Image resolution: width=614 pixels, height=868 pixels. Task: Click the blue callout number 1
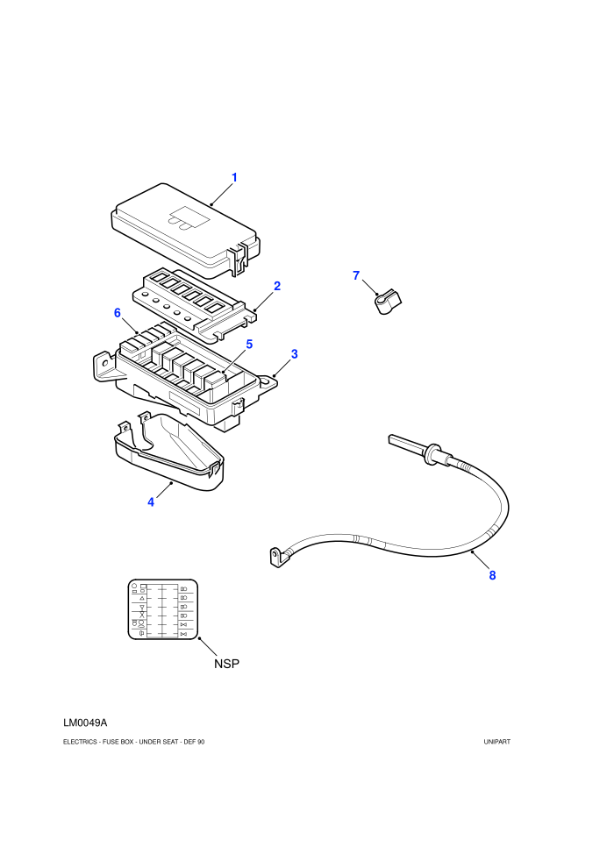click(x=234, y=178)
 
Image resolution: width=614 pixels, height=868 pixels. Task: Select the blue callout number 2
click(x=277, y=286)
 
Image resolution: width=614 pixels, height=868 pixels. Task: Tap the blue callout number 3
click(x=295, y=353)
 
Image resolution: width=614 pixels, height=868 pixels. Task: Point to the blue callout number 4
click(x=151, y=502)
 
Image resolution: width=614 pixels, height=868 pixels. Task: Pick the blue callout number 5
click(x=249, y=345)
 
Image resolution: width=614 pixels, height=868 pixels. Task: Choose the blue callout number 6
click(x=118, y=313)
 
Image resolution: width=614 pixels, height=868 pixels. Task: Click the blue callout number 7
click(x=356, y=275)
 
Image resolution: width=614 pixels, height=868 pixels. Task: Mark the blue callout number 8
click(x=492, y=576)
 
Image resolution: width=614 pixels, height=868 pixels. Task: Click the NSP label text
click(x=227, y=664)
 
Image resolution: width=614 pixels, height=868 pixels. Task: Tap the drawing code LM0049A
click(x=85, y=723)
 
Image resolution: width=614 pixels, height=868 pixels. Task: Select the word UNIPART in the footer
click(x=497, y=742)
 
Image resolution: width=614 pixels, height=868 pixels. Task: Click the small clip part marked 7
click(x=388, y=301)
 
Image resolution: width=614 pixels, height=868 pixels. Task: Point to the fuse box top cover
click(x=186, y=230)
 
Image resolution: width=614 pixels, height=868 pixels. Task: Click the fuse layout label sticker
click(x=163, y=609)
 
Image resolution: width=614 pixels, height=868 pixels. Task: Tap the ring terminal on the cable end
click(x=277, y=557)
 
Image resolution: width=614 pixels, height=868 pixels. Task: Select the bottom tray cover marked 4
click(x=169, y=452)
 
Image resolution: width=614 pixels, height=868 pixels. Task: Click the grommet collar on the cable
click(x=432, y=454)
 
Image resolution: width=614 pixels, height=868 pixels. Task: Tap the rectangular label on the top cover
click(x=189, y=217)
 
